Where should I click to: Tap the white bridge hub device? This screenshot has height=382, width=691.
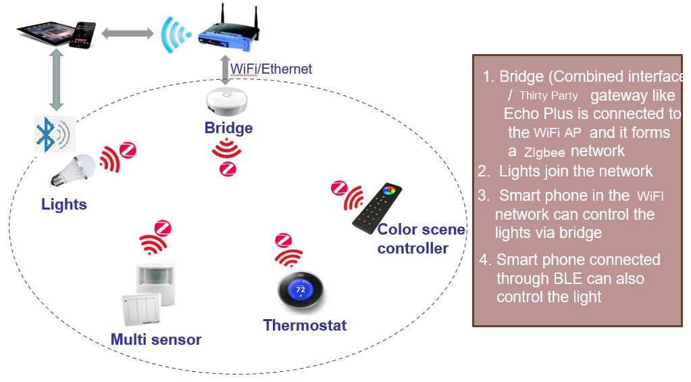(x=227, y=101)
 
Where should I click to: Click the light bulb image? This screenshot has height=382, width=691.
(x=73, y=170)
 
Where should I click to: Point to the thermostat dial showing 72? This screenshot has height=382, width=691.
(x=301, y=291)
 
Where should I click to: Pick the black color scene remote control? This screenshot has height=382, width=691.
(x=377, y=208)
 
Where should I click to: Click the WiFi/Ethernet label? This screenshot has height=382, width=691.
(x=271, y=69)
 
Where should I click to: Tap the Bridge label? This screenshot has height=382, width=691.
(x=228, y=128)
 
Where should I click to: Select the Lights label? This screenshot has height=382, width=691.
(x=64, y=204)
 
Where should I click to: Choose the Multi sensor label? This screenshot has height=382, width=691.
(x=156, y=339)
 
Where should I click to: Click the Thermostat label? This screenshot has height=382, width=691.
(x=305, y=325)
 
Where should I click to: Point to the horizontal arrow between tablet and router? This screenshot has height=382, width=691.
(x=128, y=33)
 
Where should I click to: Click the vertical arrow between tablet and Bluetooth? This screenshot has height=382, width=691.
(x=56, y=80)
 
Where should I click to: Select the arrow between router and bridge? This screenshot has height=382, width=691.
(x=225, y=70)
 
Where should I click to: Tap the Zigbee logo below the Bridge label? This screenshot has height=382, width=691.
(x=228, y=169)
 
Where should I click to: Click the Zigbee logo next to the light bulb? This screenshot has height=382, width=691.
(x=128, y=150)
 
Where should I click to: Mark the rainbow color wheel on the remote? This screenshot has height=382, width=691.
(x=388, y=191)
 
